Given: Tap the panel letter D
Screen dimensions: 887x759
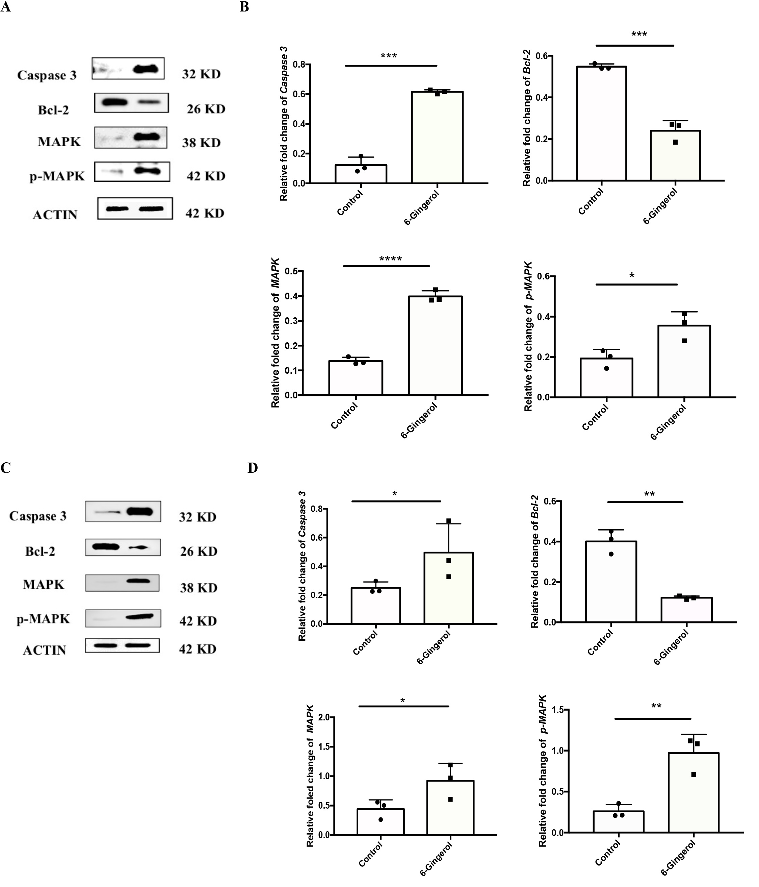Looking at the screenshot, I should tap(253, 468).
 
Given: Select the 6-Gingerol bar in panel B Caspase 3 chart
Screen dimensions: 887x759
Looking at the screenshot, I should tap(437, 138).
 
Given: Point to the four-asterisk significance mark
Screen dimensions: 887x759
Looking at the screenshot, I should tap(390, 259).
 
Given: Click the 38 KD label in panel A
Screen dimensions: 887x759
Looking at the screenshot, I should tap(201, 143).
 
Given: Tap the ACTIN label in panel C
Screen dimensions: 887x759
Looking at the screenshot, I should tap(45, 650).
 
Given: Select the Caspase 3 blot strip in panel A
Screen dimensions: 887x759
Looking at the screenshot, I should tap(128, 69).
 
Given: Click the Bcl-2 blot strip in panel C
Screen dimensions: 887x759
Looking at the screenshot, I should tap(123, 547).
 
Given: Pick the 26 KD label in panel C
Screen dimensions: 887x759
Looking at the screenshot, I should tap(199, 551).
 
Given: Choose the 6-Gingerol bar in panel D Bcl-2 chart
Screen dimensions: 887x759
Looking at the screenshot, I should tap(686, 610).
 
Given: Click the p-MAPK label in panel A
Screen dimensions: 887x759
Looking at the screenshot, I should tap(57, 176).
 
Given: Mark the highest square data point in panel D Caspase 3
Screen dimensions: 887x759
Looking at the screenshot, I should tap(449, 521).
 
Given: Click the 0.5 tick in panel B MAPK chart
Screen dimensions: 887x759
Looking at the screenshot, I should tap(292, 271).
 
